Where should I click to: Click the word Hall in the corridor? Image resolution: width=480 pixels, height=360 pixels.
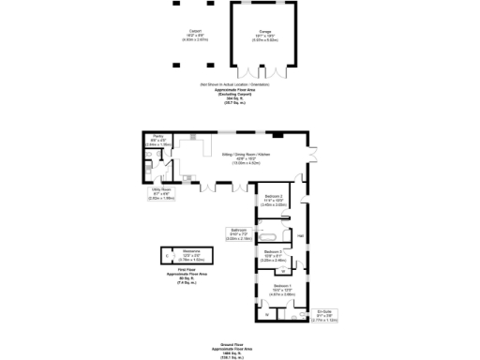click(x=300, y=235)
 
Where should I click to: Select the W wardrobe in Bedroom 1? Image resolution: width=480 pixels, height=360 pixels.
click(x=266, y=314)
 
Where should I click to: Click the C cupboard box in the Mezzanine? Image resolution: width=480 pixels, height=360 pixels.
click(x=167, y=256)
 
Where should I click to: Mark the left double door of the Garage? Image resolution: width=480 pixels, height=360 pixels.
click(x=248, y=72)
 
